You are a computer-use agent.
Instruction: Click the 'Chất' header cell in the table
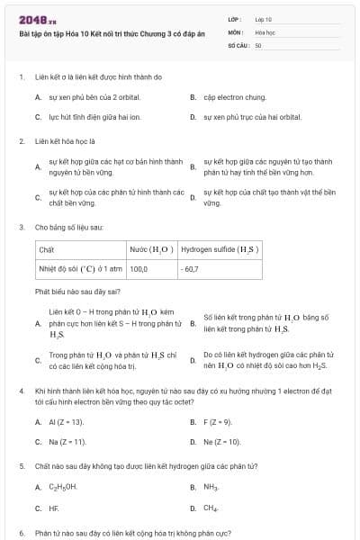pos(47,249)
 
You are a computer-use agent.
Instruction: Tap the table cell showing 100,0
pos(139,268)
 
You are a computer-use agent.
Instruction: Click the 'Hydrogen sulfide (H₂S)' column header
pos(220,249)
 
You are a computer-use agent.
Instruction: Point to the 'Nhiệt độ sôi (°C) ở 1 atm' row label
pos(79,268)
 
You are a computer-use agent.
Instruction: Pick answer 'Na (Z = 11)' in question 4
pos(67,442)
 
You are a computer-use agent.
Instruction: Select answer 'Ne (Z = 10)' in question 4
pos(221,442)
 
